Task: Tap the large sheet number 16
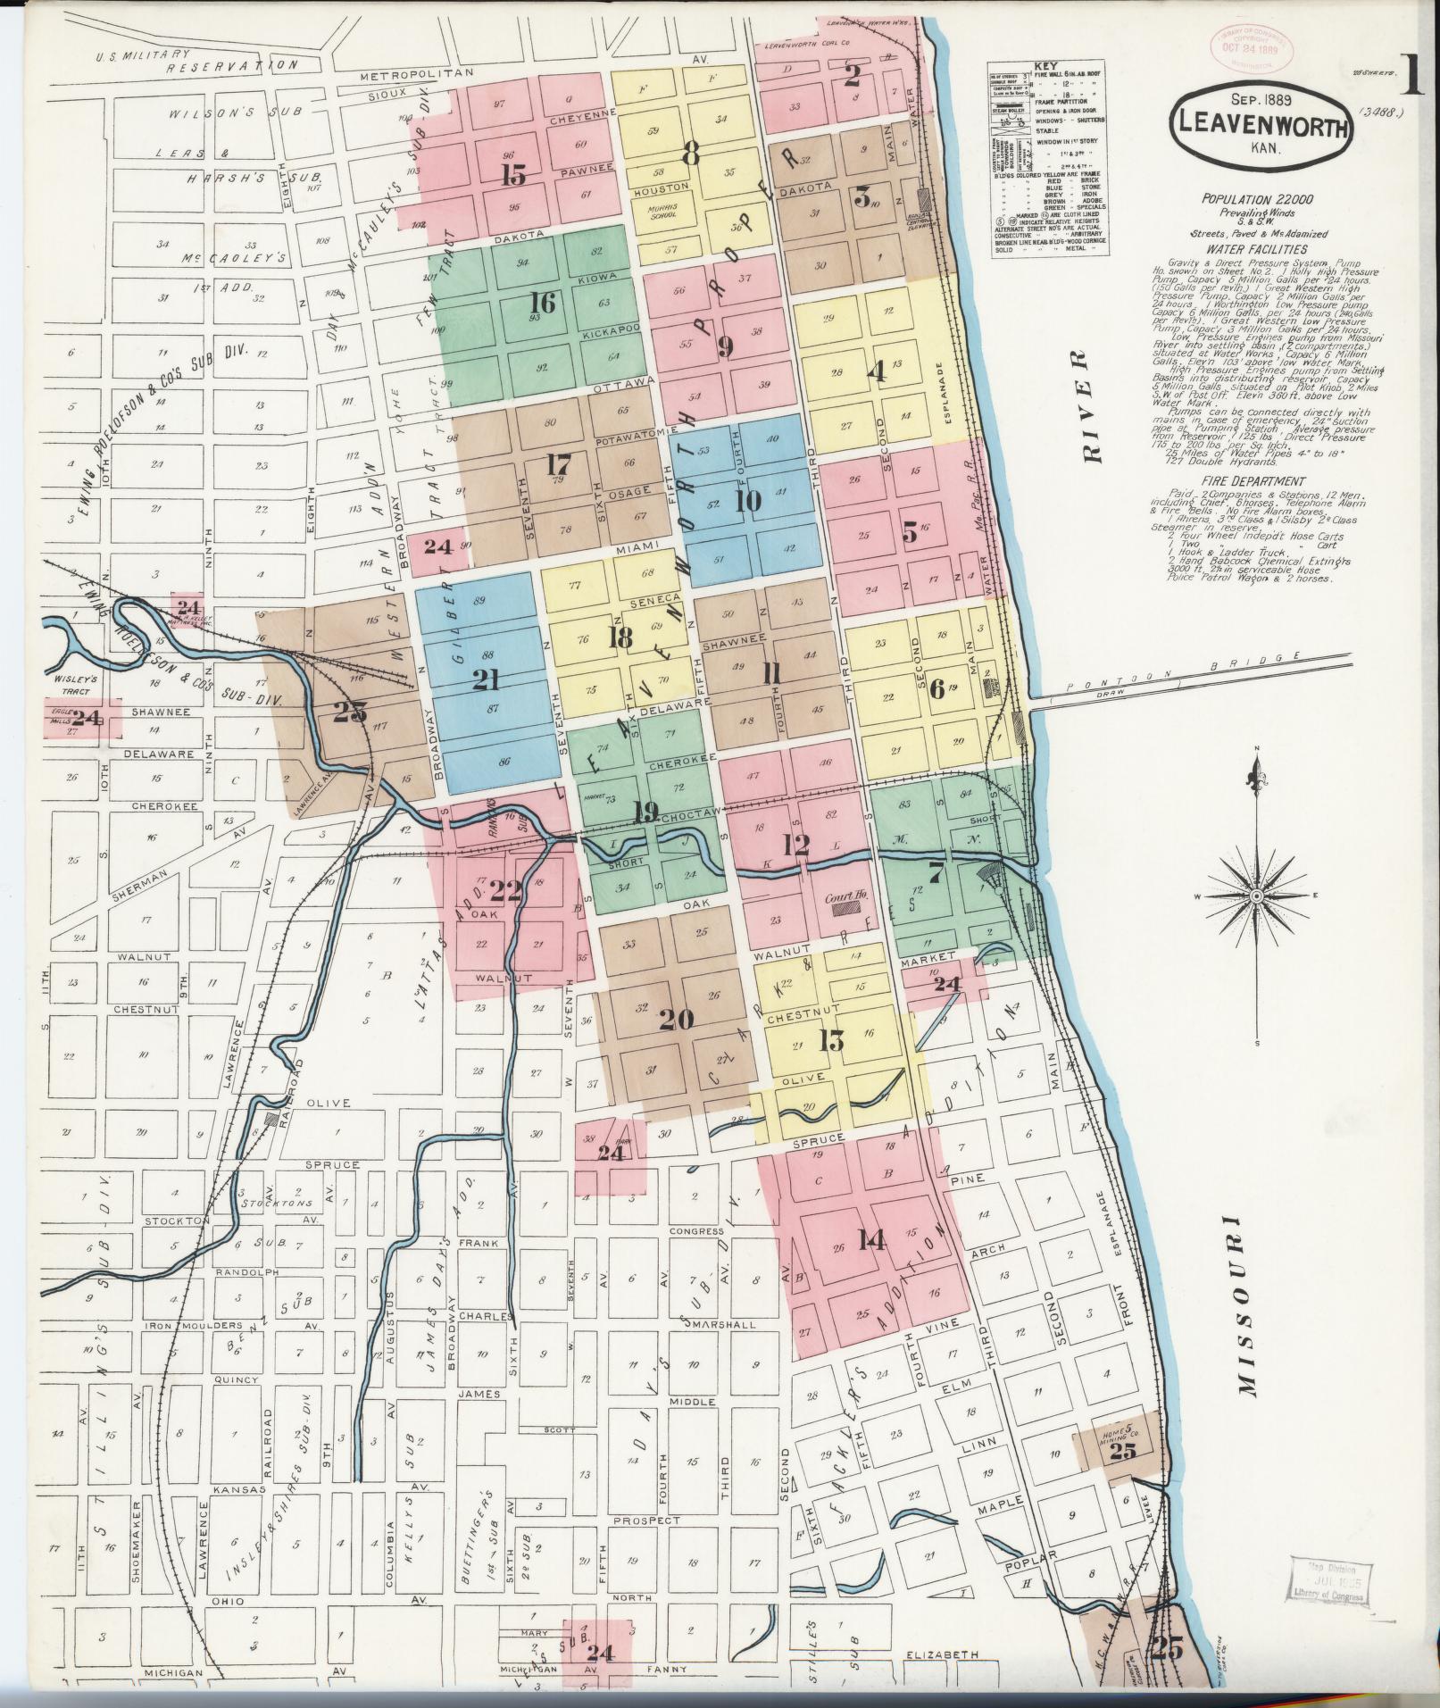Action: tap(542, 304)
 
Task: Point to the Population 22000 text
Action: tap(1241, 200)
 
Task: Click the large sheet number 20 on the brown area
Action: tap(675, 1019)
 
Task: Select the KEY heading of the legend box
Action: tap(1042, 66)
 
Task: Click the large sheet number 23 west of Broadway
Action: tap(349, 712)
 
